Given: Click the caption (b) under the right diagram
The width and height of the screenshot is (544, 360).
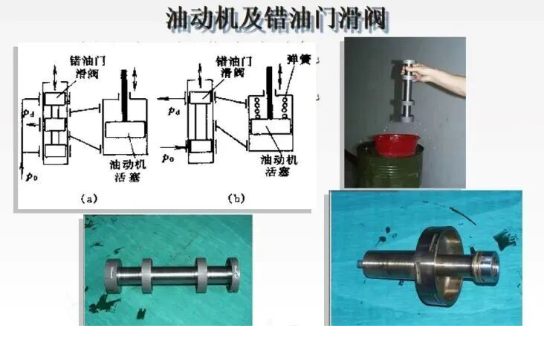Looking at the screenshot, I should [x=236, y=199].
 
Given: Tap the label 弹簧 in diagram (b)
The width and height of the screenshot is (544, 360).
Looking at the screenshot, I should [x=295, y=61].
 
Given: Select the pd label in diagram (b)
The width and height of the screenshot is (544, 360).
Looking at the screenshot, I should [x=173, y=112].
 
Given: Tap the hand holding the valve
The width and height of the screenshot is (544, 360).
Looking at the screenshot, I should [x=426, y=71].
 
